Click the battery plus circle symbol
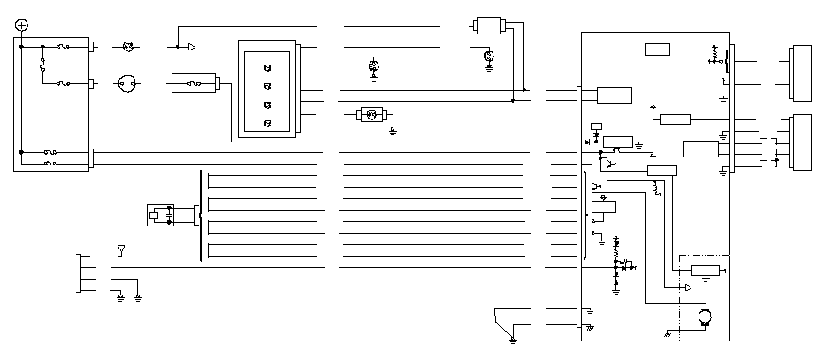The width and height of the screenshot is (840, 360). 22,26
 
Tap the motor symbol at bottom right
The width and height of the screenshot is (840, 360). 705,315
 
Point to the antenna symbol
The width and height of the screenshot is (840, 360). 121,250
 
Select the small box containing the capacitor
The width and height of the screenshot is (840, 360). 160,214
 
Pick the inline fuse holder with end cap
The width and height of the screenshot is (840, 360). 196,84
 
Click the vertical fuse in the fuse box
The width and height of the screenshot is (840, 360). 42,65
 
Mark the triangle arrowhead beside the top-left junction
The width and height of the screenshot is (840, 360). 190,45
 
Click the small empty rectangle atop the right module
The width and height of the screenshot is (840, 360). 657,49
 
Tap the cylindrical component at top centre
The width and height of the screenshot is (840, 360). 490,26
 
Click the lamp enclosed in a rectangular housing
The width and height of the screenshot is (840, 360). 371,115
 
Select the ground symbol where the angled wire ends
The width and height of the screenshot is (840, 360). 514,338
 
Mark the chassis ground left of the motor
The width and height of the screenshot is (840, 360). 667,333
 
